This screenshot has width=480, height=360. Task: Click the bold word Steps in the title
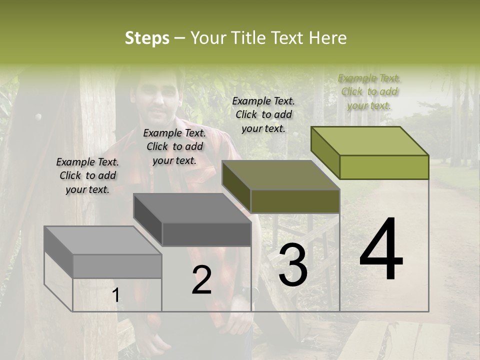coord(147,38)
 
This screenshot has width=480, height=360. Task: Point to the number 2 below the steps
coord(201,280)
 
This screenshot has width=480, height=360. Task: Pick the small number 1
coord(115,295)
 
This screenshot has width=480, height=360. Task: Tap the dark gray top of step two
coord(192,208)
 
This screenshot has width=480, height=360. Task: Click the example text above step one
coord(87,175)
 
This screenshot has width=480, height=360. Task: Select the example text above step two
coord(174,146)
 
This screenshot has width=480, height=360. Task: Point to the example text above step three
coord(263,114)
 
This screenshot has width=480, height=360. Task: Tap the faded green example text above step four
coord(369,91)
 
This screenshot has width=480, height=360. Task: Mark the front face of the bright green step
coord(384,167)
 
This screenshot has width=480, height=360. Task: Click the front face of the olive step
coord(295,201)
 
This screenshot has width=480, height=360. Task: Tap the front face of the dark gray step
coord(206,234)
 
